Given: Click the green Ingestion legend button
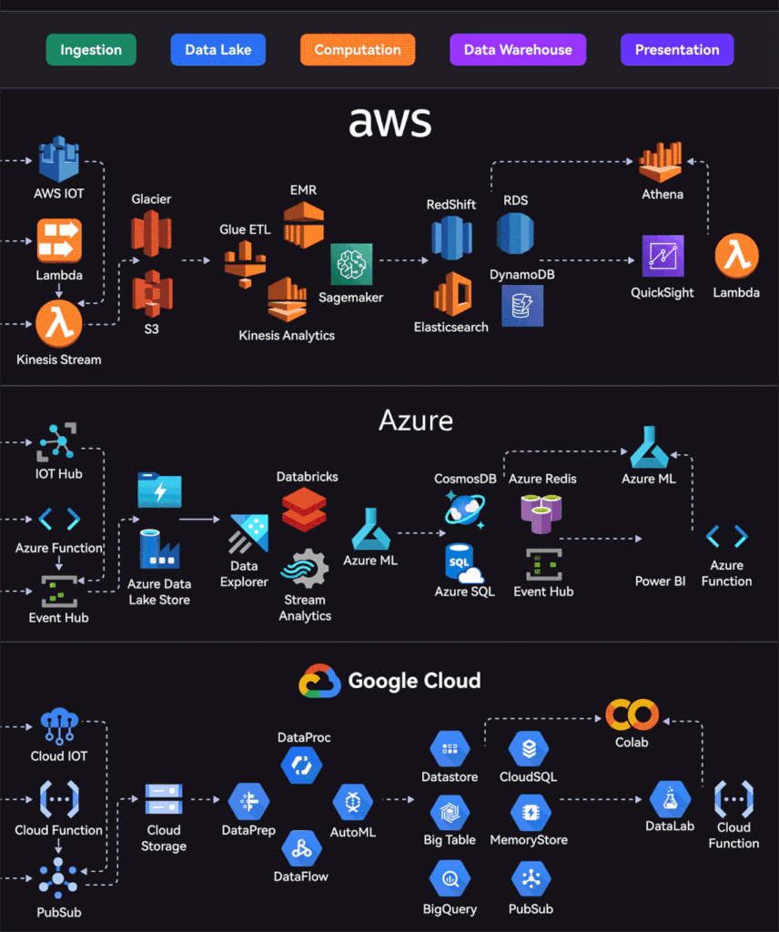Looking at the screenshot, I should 90,50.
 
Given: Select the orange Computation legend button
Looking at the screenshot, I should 358,50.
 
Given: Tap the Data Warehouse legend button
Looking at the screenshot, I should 518,50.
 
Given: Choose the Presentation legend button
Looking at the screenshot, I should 677,50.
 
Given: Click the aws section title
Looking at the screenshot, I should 389,120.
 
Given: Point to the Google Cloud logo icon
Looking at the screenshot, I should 319,681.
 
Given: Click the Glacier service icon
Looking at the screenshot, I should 151,233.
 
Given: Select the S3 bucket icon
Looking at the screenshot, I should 151,293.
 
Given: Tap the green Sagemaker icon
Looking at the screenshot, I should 351,265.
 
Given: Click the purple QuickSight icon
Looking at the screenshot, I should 663,256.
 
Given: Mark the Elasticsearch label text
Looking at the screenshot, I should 450,327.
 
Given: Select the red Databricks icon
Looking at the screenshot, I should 304,509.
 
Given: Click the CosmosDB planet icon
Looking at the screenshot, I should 464,510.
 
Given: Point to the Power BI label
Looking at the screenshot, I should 661,581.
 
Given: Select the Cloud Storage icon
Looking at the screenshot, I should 164,799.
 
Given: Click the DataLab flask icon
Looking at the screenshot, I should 671,799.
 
